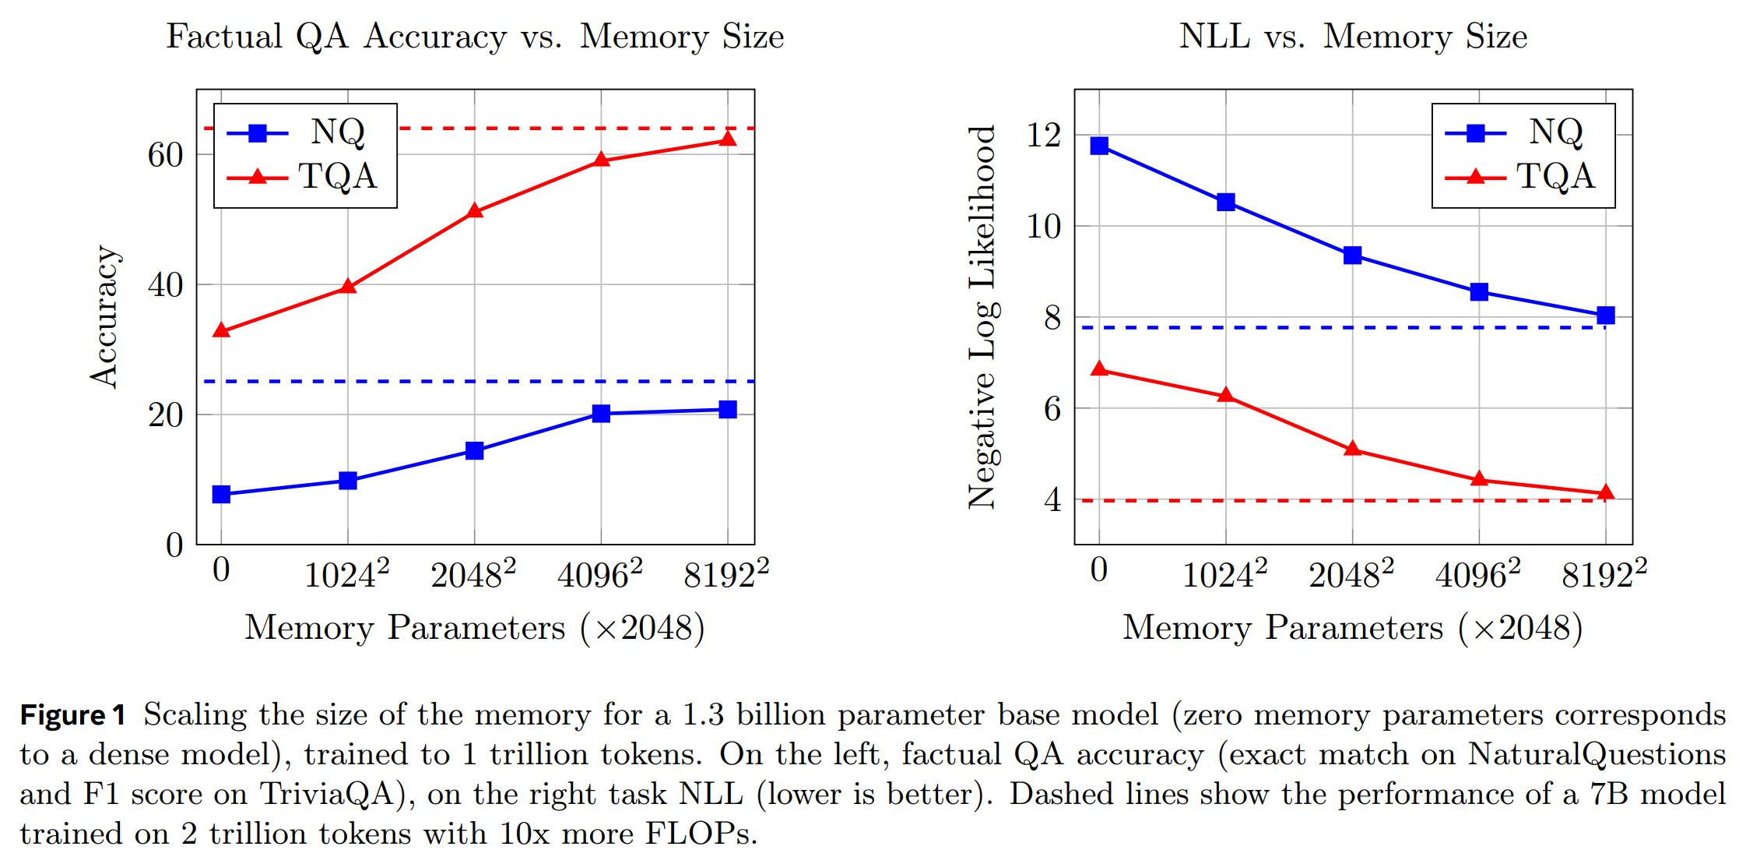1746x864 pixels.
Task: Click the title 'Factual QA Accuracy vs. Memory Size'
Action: point(475,37)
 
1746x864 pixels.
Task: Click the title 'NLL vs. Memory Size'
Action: point(1353,37)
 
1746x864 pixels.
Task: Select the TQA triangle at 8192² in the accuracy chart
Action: point(728,139)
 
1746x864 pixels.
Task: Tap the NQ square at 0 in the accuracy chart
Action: point(221,494)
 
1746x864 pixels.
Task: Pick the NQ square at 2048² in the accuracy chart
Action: point(475,450)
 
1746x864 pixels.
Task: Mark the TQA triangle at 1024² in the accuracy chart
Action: point(348,287)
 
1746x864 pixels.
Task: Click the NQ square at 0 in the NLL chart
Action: point(1099,146)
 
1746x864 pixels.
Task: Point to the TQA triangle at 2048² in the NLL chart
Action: point(1352,450)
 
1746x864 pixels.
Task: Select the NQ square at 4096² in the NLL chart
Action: point(1479,292)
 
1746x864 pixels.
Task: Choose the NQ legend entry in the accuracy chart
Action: point(304,132)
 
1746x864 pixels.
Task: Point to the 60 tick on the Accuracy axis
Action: point(166,155)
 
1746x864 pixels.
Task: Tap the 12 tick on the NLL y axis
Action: point(1044,136)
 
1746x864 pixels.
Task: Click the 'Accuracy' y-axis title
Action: point(104,316)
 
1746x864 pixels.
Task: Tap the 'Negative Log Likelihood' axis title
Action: point(982,316)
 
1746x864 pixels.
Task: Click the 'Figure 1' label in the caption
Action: point(72,715)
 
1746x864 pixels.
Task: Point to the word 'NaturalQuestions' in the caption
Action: point(1597,754)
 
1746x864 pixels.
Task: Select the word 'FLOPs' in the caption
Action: point(697,834)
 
